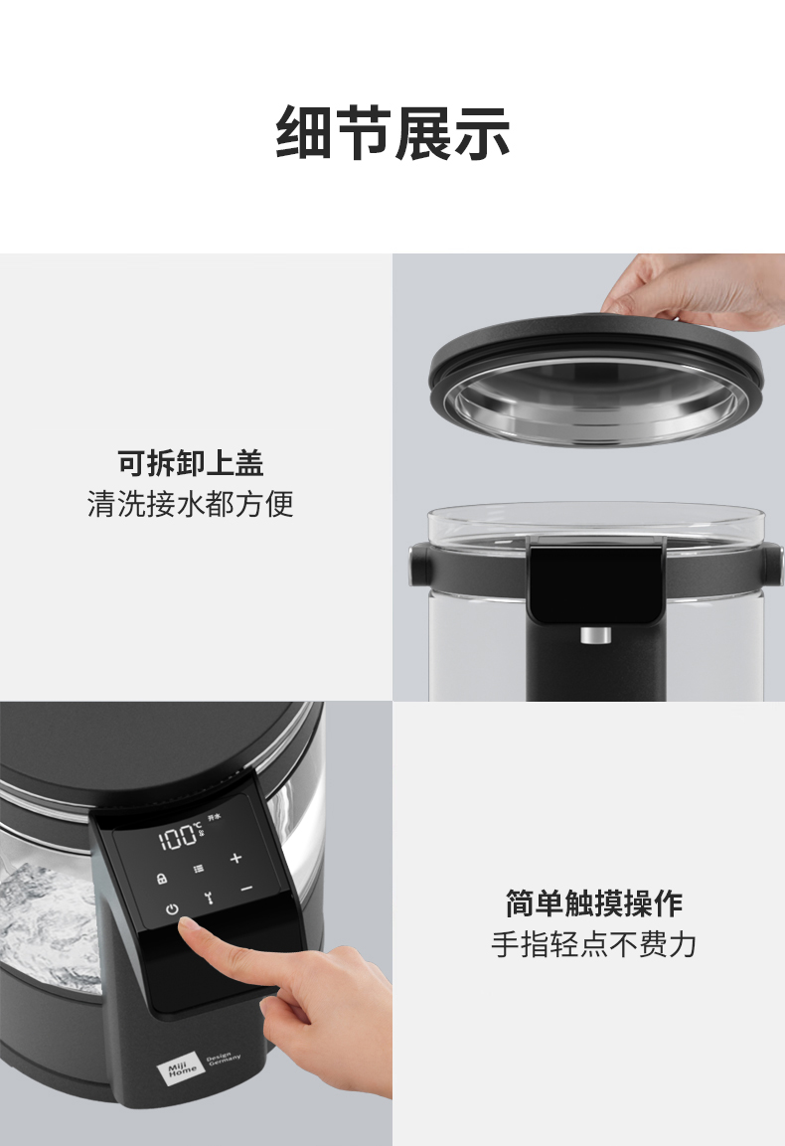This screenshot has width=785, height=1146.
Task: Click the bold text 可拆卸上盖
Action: pyautogui.click(x=191, y=463)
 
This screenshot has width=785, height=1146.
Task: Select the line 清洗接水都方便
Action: pyautogui.click(x=191, y=504)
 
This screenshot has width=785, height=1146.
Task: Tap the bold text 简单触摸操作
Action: pyautogui.click(x=593, y=903)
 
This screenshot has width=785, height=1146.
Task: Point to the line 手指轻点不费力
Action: pyautogui.click(x=593, y=944)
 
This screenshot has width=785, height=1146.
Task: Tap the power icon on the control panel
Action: pyautogui.click(x=172, y=909)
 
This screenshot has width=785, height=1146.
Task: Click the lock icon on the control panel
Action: pyautogui.click(x=161, y=879)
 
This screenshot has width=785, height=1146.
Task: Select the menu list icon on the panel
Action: pyautogui.click(x=198, y=867)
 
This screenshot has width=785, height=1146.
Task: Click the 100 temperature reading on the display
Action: pyautogui.click(x=178, y=837)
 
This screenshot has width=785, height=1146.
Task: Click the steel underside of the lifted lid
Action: pyautogui.click(x=595, y=402)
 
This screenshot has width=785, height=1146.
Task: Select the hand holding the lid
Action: pyautogui.click(x=696, y=288)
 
